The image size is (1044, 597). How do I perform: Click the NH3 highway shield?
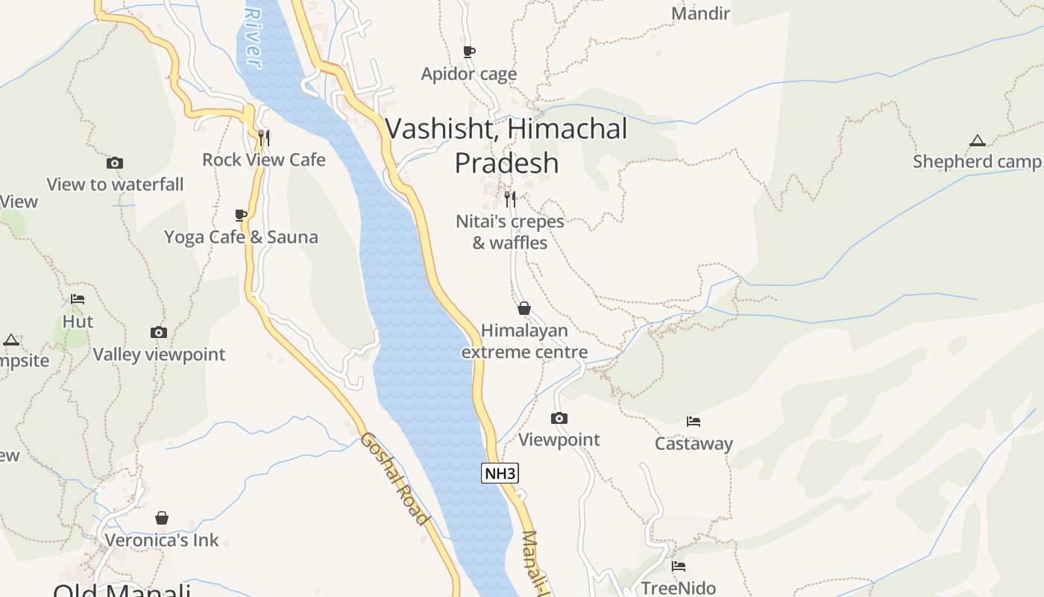(500, 473)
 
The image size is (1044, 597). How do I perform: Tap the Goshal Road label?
(394, 478)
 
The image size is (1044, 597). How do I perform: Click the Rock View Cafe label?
(264, 160)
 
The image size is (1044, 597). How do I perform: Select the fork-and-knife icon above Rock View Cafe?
(263, 137)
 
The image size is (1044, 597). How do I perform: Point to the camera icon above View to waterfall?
(115, 163)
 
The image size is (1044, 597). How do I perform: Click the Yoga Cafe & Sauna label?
(241, 237)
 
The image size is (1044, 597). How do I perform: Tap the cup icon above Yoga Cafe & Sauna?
(241, 215)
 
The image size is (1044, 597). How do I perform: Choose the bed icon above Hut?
(78, 299)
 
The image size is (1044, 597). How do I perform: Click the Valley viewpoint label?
(159, 354)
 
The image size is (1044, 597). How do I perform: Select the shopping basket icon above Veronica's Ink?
(162, 518)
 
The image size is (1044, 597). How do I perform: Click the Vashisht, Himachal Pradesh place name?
(507, 146)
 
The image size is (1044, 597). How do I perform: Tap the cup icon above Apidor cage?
(469, 51)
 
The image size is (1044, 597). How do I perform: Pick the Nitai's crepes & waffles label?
(510, 232)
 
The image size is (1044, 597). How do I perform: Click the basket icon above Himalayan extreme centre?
(524, 308)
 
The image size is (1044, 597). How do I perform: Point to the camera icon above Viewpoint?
(559, 418)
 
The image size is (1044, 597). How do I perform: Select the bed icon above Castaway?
(694, 422)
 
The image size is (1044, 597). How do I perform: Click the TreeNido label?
(679, 588)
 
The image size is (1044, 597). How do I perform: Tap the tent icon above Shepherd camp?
(977, 140)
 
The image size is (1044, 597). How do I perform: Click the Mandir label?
(700, 13)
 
